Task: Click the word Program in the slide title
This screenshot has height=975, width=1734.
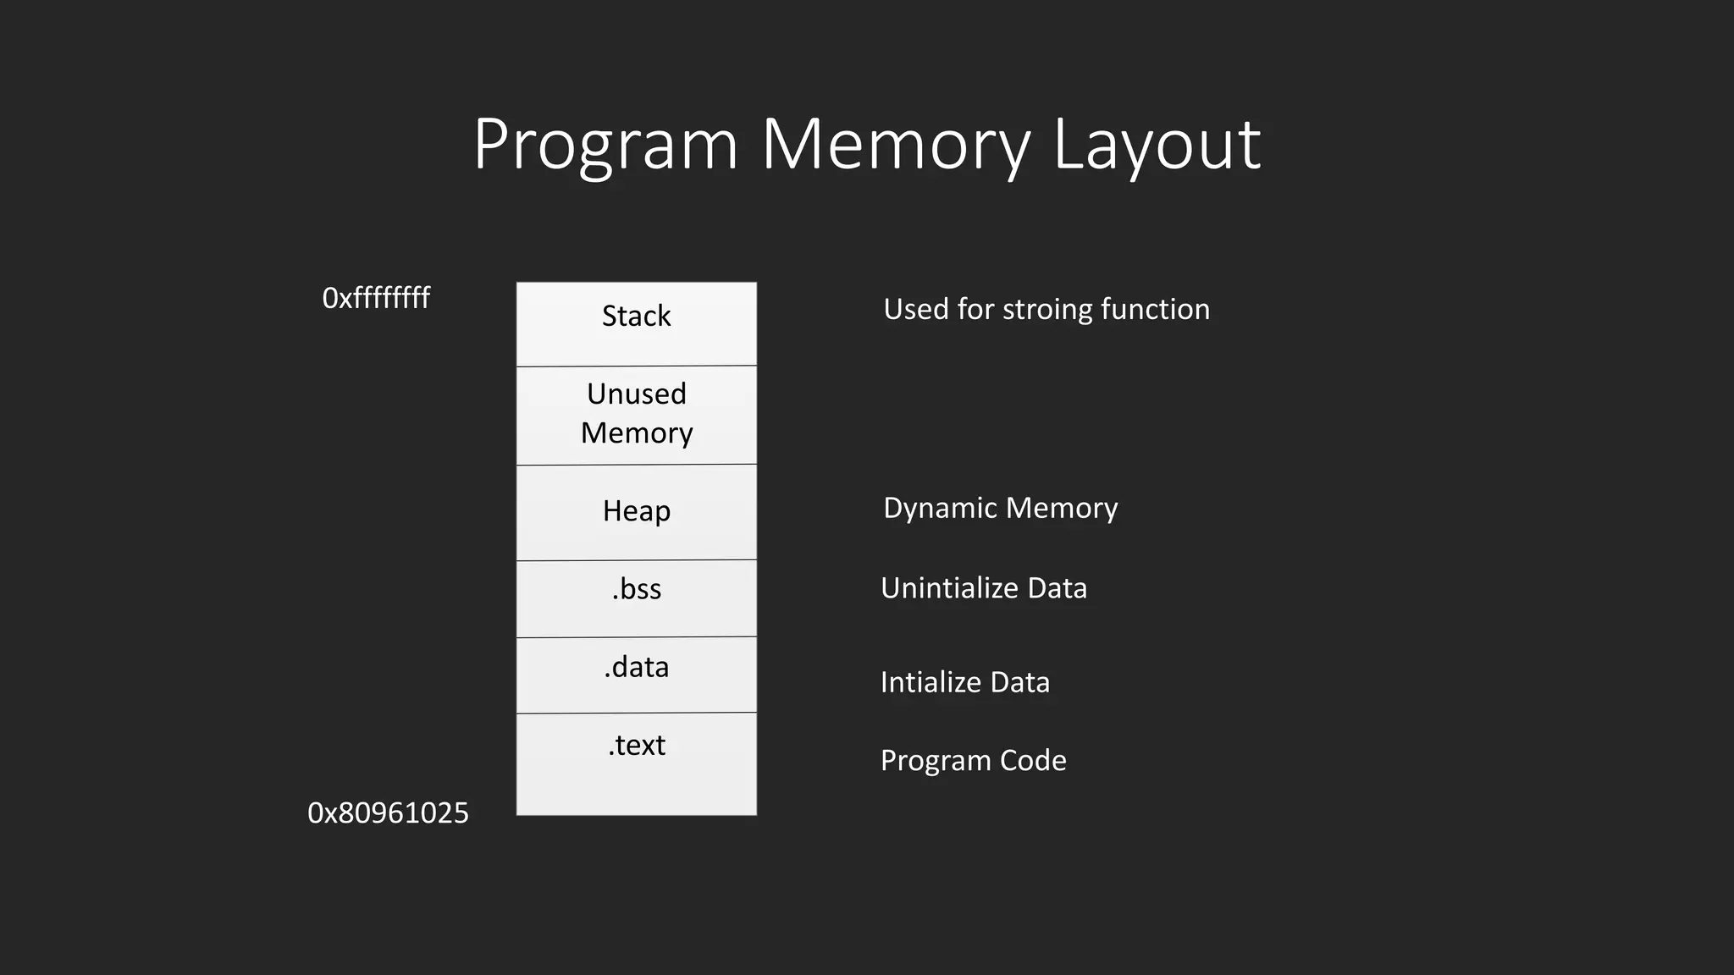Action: [605, 146]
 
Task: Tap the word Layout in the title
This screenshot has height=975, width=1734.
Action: [1157, 146]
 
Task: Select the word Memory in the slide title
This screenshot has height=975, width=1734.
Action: [896, 146]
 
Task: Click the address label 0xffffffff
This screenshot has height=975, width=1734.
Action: [376, 298]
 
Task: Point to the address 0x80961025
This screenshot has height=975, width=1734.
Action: [388, 813]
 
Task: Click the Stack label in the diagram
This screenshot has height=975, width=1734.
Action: [636, 317]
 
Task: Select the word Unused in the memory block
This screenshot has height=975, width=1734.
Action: [637, 394]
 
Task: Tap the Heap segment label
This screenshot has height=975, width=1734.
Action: [637, 511]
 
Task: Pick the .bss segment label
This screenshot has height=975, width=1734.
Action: [637, 589]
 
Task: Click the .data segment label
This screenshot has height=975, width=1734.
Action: [637, 668]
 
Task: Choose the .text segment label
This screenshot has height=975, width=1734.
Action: [637, 746]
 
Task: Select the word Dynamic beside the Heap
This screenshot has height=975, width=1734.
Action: [940, 509]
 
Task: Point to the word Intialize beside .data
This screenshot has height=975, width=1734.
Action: [930, 682]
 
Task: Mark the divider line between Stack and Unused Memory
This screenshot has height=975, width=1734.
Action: [637, 366]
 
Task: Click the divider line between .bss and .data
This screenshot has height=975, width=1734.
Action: [637, 636]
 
